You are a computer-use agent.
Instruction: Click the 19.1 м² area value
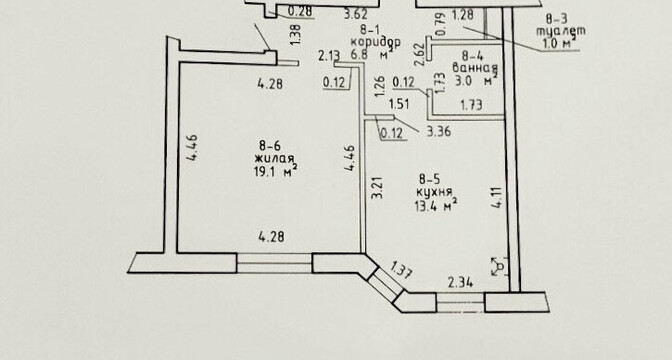tap(276, 171)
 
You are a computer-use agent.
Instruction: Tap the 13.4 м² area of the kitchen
tap(435, 206)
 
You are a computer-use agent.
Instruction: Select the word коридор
tap(376, 42)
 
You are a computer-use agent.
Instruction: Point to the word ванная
tap(475, 68)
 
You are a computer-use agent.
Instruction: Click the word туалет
tap(561, 31)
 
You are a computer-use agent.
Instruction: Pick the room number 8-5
tap(430, 179)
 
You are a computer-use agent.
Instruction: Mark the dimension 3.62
tap(356, 15)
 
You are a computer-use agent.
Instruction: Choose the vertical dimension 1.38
tap(295, 35)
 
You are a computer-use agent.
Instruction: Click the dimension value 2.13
tap(329, 56)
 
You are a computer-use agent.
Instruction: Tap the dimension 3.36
tap(438, 131)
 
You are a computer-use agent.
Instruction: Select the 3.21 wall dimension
tap(377, 187)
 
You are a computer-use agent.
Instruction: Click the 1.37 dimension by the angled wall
tap(402, 270)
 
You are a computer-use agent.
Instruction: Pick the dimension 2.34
tap(460, 283)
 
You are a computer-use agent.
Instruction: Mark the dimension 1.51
tap(399, 104)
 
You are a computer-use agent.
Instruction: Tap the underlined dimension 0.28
tap(299, 12)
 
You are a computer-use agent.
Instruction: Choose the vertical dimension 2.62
tap(420, 56)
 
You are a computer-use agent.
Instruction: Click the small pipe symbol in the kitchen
tap(499, 267)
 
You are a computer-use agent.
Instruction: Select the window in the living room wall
tap(274, 263)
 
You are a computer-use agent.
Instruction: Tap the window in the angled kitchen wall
tap(386, 283)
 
